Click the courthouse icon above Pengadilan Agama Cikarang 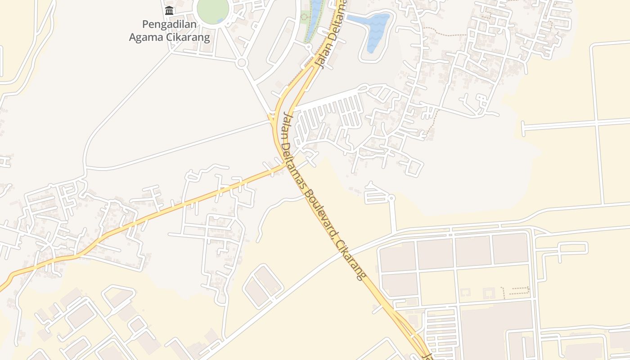point(169,10)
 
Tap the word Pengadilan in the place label point(170,24)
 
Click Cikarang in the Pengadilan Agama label point(189,37)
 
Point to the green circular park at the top point(212,9)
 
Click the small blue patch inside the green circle point(220,20)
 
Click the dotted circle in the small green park point(304,17)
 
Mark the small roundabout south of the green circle point(242,63)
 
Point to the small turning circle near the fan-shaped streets point(391,198)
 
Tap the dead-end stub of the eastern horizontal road point(523,128)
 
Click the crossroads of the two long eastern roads point(597,122)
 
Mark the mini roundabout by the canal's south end point(309,46)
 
